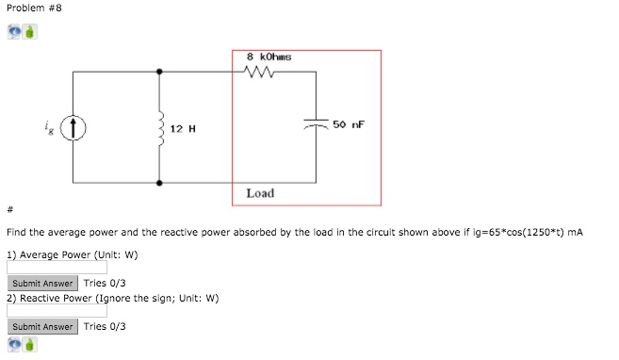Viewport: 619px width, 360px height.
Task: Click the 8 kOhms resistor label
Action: (x=268, y=57)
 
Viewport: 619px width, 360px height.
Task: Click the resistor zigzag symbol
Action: (x=259, y=72)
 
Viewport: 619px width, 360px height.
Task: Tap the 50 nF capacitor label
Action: (x=349, y=124)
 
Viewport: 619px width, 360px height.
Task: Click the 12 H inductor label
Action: (x=184, y=127)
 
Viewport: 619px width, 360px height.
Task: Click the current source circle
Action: (x=75, y=126)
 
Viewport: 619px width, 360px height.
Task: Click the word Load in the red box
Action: (x=260, y=193)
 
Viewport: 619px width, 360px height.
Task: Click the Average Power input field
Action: (x=56, y=268)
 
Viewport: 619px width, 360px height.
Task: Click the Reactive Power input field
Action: (x=56, y=311)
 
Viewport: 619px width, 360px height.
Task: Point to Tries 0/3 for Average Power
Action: (x=105, y=283)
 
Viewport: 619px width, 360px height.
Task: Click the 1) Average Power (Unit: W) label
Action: (x=72, y=254)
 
